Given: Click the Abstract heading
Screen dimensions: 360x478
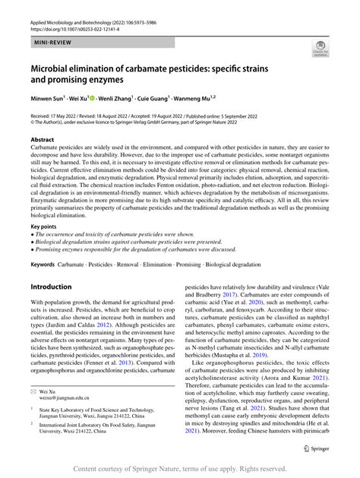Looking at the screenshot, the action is click(x=43, y=141).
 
